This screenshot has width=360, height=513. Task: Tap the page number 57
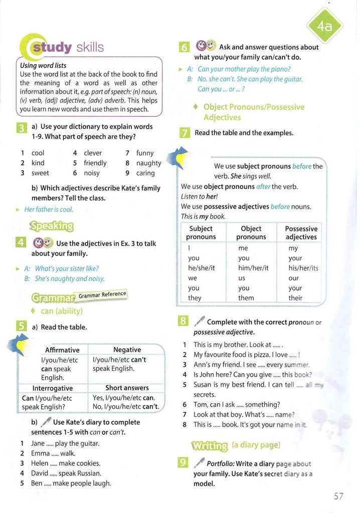pos(338,496)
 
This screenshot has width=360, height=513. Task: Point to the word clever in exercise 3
pos(93,153)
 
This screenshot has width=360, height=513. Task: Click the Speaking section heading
pos(52,226)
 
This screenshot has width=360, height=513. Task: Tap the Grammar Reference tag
pos(102,295)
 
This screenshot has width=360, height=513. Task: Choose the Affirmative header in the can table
pos(62,350)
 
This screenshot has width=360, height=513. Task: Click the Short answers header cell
pos(127,388)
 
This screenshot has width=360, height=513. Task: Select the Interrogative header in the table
pos(53,388)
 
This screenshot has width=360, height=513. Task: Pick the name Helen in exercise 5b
pos(40,463)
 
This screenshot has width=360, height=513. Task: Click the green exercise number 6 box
pos(184,48)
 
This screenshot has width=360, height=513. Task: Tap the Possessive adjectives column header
pos(301,232)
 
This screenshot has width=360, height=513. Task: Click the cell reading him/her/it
pos(253,268)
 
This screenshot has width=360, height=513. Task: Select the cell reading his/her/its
pos(303,268)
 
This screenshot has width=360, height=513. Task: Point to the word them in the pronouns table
pos(246,298)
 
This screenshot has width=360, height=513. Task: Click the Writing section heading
pos(209,445)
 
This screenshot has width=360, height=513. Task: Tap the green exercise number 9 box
pos(184,464)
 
